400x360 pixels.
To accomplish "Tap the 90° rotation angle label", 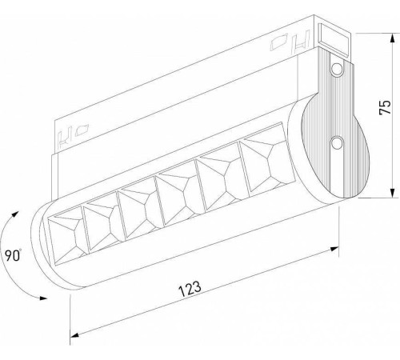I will [11, 256].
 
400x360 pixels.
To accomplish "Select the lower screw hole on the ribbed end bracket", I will [338, 143].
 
